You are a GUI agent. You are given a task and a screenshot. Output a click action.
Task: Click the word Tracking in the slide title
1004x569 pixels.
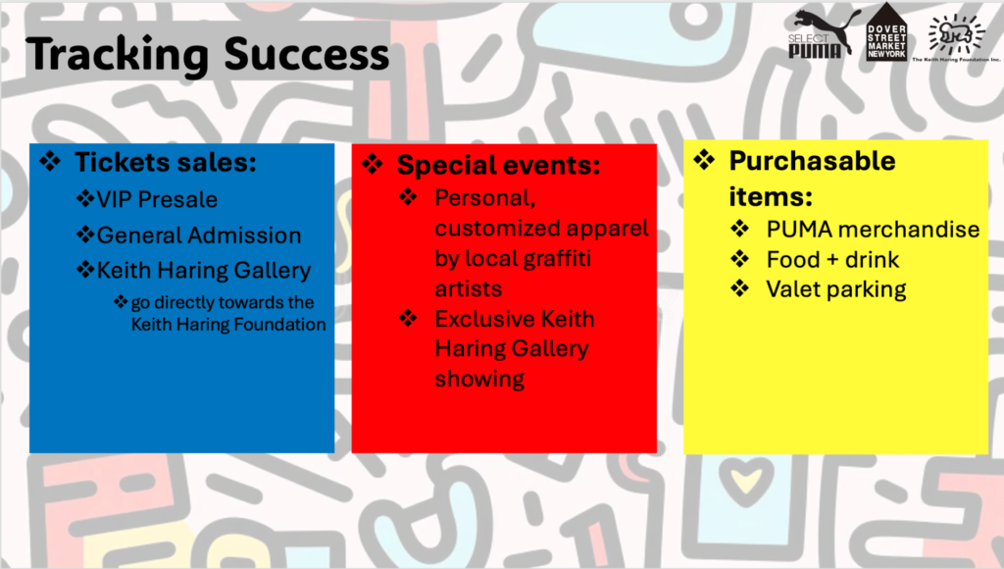coord(118,54)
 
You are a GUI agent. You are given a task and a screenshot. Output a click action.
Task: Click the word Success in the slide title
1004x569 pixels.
coord(307,54)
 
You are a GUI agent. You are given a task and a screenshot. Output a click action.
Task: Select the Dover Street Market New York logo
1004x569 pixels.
coord(886,32)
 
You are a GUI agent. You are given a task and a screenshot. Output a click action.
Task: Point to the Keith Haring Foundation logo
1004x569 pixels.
coord(956,38)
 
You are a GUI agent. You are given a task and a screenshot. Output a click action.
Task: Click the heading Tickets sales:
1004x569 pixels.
coord(165,162)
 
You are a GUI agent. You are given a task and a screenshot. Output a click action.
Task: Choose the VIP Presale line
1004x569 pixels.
coord(157,199)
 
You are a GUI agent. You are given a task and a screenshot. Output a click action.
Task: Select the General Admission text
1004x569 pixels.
coord(198,235)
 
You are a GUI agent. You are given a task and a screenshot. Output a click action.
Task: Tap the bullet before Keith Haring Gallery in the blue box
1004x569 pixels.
coord(85,269)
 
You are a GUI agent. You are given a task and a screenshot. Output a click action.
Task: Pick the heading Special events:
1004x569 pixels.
coord(498,165)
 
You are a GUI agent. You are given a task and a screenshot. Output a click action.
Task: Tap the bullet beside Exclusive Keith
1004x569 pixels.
coord(408,318)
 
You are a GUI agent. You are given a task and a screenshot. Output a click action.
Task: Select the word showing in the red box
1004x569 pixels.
coord(479,379)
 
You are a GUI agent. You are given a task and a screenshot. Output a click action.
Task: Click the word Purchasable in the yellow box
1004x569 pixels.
coord(812,161)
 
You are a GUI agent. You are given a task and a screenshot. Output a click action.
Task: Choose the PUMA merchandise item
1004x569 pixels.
coord(873,229)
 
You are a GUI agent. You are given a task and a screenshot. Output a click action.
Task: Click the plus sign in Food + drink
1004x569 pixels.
coord(831,260)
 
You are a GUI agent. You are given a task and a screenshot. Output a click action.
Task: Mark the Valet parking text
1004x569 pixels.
coord(836,289)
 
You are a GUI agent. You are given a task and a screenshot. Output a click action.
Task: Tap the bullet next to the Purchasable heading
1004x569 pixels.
coord(704,159)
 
